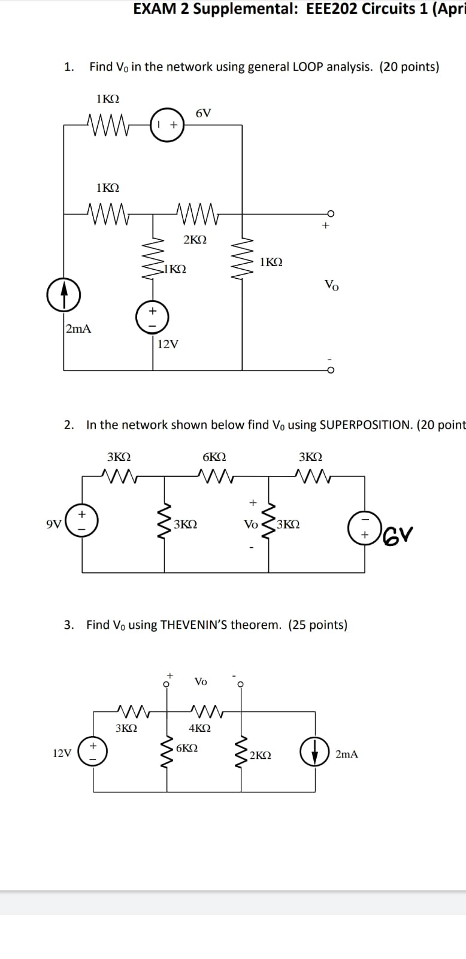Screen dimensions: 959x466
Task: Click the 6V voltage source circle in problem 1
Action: pos(167,125)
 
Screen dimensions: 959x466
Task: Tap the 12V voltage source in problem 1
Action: pos(152,316)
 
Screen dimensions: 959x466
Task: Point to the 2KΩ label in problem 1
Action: pos(195,239)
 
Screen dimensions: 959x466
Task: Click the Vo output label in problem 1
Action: pos(331,285)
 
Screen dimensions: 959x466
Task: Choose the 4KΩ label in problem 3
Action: pos(199,728)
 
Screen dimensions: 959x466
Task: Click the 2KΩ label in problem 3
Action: pos(260,755)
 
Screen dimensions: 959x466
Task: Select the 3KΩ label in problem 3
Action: pos(126,728)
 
